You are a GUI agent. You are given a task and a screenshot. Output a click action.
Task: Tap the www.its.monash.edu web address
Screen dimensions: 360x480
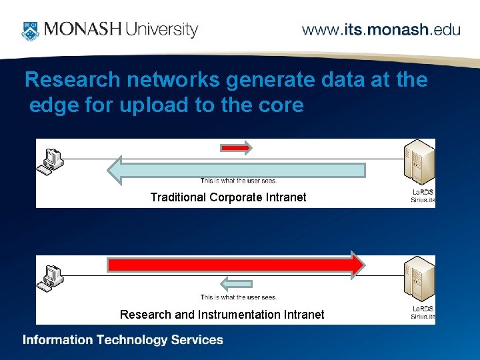click(381, 30)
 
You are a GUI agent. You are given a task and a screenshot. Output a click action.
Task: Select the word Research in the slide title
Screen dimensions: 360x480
click(73, 80)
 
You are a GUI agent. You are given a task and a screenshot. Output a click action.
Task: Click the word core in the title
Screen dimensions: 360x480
click(282, 105)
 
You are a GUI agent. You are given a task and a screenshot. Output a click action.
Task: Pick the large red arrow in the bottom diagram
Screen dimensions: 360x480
click(237, 265)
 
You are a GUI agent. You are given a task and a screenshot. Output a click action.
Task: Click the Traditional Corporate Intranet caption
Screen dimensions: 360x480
click(228, 197)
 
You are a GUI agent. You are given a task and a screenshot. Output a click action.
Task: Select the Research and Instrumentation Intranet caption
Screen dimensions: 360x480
click(222, 314)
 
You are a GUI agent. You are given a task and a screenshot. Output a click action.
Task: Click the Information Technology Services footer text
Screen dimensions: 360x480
click(123, 340)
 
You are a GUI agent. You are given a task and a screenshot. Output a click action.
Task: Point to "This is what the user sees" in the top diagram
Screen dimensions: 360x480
click(238, 181)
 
